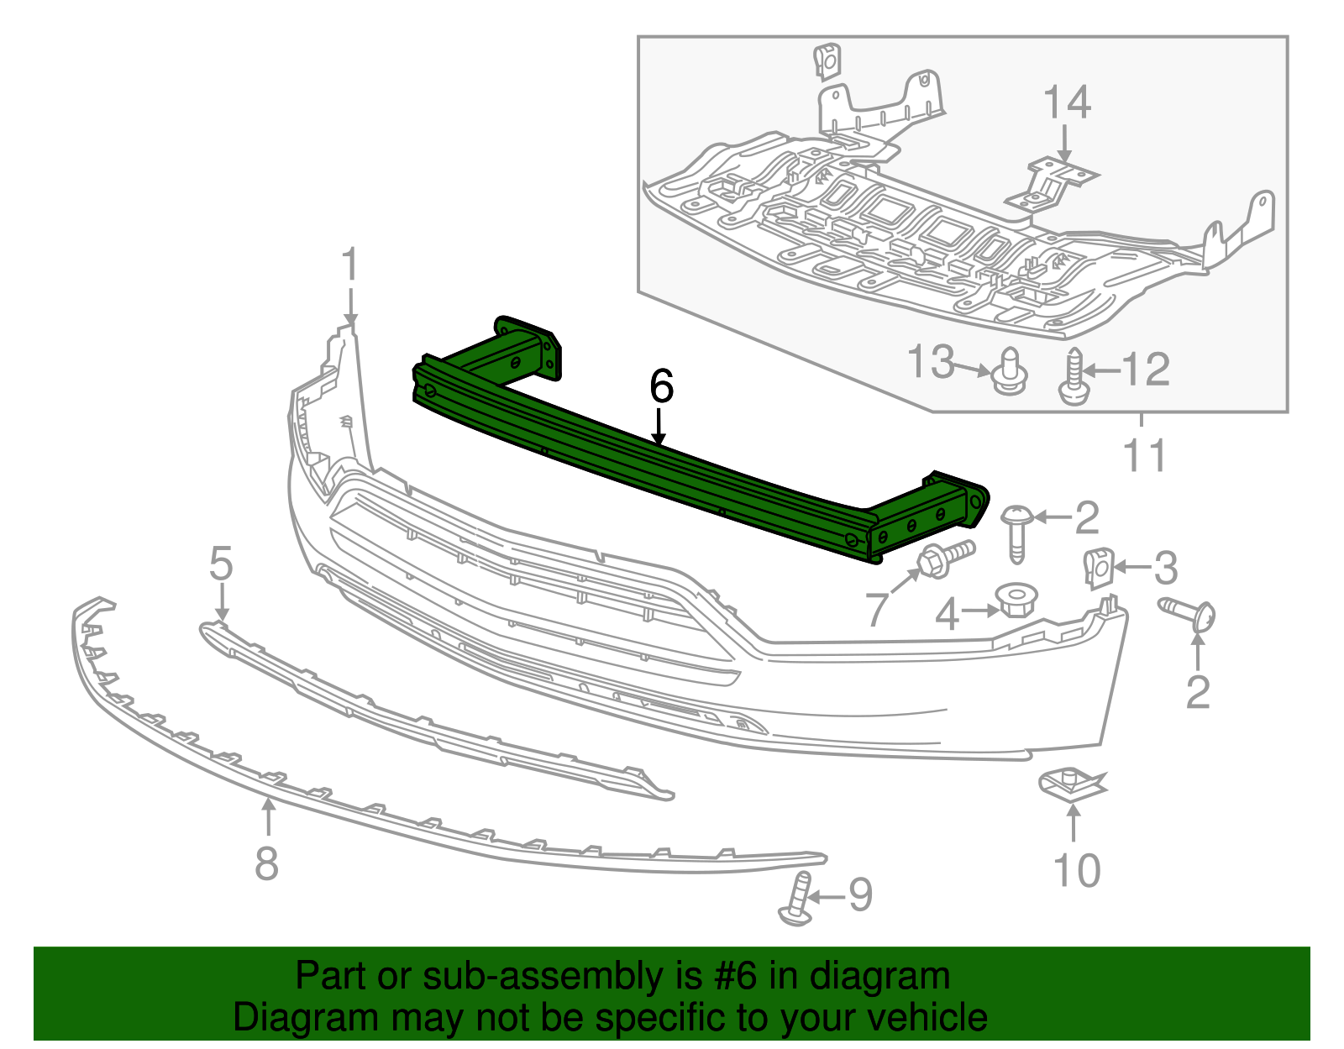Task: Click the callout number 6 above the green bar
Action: coord(661,387)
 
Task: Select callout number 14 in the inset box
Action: coord(1066,102)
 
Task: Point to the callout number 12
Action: coord(1146,370)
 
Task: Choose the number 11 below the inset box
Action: coord(1145,456)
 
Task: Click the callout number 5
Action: coord(221,564)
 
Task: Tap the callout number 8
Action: coord(266,863)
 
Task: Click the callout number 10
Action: coord(1076,870)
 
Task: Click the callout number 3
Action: coord(1165,569)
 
